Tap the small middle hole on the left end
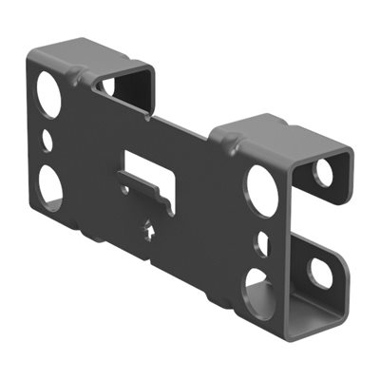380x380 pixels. pos(48,141)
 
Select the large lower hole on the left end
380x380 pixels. pos(51,185)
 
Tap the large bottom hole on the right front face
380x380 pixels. pos(258,288)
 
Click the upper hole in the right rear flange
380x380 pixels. pos(323,172)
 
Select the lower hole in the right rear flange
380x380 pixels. pos(320,273)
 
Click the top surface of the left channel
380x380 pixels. pos(90,51)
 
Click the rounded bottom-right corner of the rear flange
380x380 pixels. pos(338,285)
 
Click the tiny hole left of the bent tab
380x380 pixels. pos(124,189)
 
